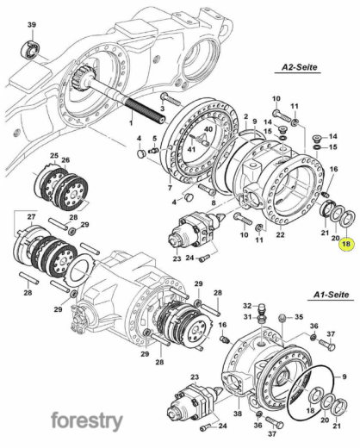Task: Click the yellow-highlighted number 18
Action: tap(346, 244)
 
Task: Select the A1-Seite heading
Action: tap(332, 295)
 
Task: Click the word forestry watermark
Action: tap(87, 421)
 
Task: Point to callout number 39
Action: tap(32, 25)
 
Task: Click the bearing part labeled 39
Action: tap(30, 50)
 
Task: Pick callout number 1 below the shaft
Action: tap(131, 122)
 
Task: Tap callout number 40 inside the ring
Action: tap(208, 129)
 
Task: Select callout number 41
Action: tap(191, 149)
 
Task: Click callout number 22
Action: tap(280, 234)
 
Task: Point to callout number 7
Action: tap(170, 188)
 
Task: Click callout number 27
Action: tap(31, 217)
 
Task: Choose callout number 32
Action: tap(247, 306)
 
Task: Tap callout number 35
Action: tap(299, 317)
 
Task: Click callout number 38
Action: tap(238, 414)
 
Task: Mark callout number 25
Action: tap(54, 156)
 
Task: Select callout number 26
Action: tap(65, 160)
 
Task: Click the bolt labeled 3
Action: tap(171, 99)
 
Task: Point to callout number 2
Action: tap(245, 116)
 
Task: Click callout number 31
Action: tap(247, 317)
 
